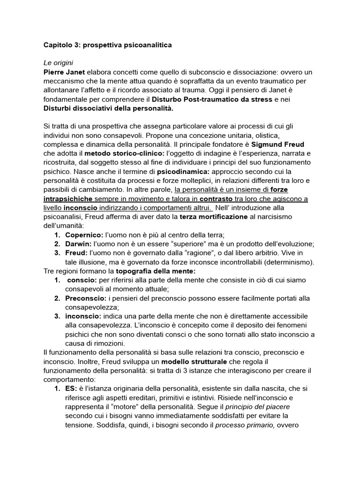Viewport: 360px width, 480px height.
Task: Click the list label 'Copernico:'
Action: tap(85, 234)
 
